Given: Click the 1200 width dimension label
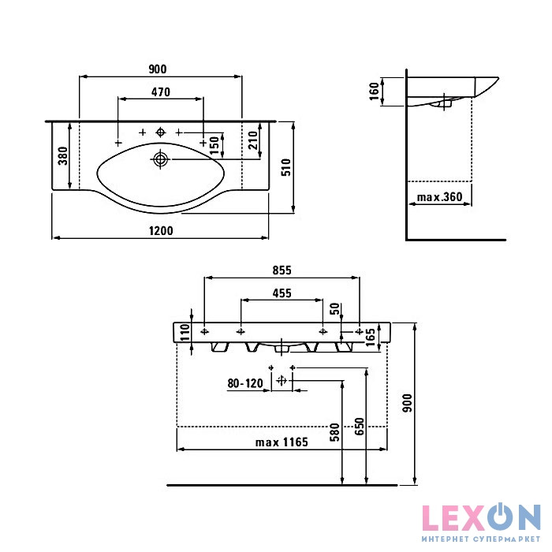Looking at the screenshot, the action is (x=161, y=230).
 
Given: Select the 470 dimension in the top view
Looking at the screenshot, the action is (x=161, y=92).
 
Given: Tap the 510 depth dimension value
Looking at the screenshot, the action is (x=287, y=167).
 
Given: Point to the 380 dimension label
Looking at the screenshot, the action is (x=63, y=156).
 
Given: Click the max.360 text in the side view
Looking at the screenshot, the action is (x=439, y=197).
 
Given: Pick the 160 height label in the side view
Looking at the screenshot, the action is (x=375, y=91).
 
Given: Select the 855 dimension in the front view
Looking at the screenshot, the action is (x=282, y=270).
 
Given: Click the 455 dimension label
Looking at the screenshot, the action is (x=282, y=293).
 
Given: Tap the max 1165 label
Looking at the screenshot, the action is (x=282, y=442).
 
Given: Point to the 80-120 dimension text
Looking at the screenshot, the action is (x=245, y=383).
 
